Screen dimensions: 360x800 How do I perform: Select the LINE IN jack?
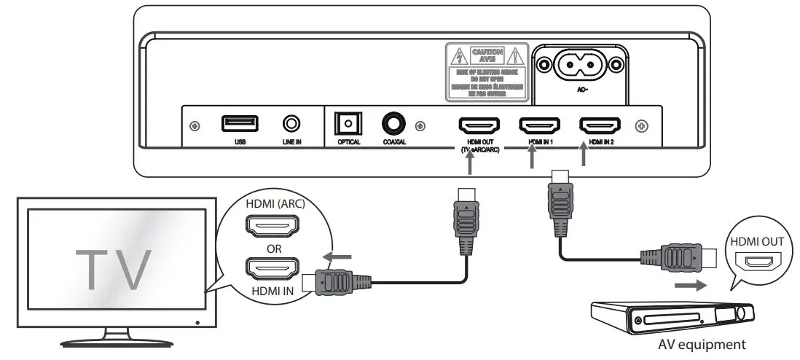coord(292,124)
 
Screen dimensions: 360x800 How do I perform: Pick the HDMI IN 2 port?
coord(599,125)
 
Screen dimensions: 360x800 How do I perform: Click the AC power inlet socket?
coord(581,68)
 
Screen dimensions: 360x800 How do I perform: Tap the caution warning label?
coord(487,71)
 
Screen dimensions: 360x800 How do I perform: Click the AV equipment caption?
coord(701,345)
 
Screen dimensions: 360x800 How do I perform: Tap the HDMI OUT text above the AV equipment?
coord(758,241)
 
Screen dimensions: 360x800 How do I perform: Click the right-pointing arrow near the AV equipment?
coord(689,285)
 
